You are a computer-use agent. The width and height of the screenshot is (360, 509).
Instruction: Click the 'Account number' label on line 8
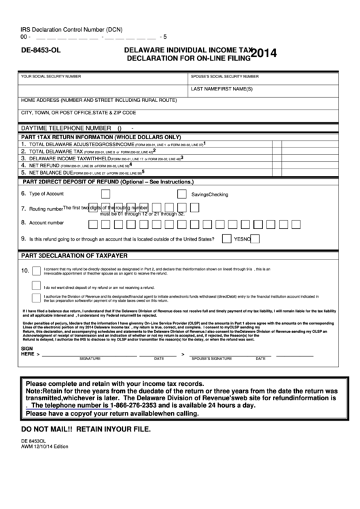(x=46, y=222)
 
